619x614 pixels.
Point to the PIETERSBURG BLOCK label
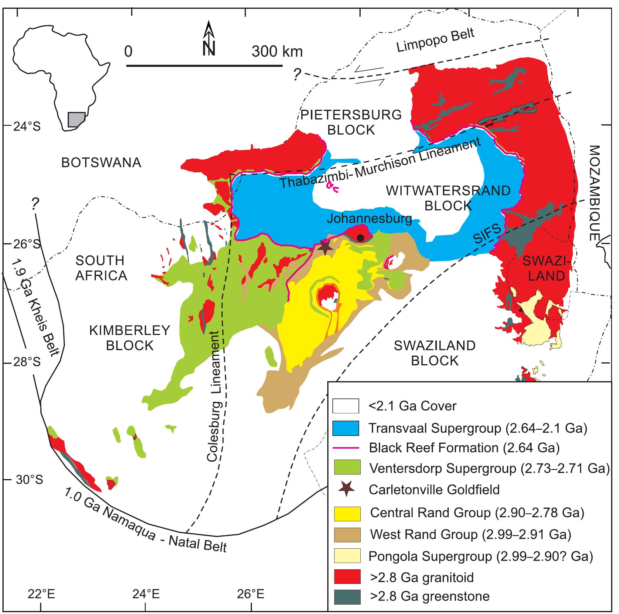(351, 122)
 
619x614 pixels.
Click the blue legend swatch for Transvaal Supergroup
(345, 428)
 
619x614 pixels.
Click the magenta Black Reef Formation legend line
(345, 448)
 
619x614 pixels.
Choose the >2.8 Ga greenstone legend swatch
(347, 597)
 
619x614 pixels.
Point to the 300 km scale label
(277, 51)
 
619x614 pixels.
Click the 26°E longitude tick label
(251, 595)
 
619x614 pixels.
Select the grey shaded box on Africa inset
(77, 119)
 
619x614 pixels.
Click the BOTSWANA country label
(101, 163)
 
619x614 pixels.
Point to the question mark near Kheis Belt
(35, 203)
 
